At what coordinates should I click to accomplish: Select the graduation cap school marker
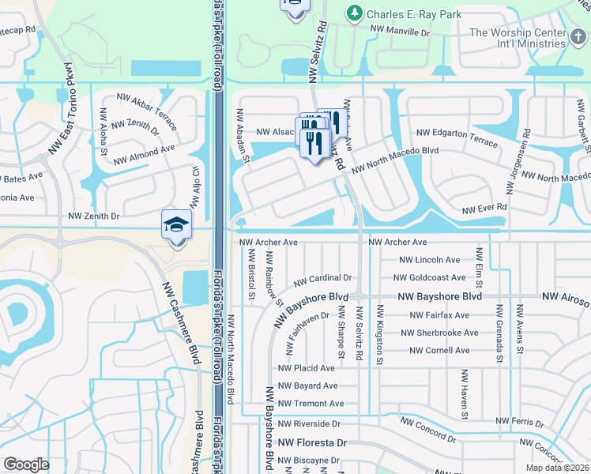point(176,226)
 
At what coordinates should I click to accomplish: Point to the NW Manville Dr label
point(401,33)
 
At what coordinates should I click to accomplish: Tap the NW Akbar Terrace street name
point(151,107)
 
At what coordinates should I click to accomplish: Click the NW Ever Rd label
point(484,209)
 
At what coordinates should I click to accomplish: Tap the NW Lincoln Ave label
point(429,260)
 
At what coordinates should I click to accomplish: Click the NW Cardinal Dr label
point(322,279)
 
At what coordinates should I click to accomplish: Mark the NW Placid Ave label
point(307,368)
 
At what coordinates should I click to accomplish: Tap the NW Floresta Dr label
point(314,444)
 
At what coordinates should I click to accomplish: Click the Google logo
point(26,465)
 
